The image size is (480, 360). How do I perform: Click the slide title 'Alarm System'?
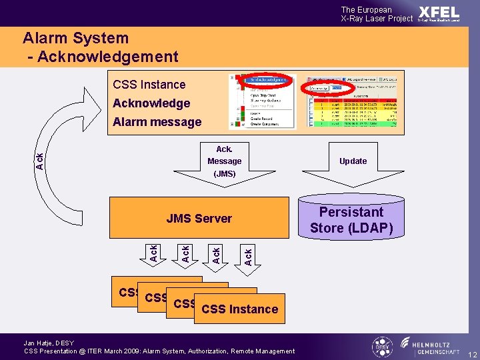tap(75, 38)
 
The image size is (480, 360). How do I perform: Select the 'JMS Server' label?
tap(199, 219)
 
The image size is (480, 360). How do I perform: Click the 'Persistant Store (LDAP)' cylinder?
tap(351, 220)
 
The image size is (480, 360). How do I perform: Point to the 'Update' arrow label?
tap(353, 161)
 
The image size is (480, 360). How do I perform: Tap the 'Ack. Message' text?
tap(224, 155)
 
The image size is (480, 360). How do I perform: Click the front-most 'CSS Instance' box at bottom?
tap(239, 309)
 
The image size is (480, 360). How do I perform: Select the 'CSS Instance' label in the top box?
tap(149, 85)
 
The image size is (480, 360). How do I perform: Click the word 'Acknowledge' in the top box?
tap(151, 103)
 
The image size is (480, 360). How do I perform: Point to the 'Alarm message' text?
tap(157, 122)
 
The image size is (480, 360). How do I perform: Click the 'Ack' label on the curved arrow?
tap(40, 161)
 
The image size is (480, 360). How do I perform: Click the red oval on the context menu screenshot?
tap(267, 80)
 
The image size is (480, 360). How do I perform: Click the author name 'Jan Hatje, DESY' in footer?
tap(49, 343)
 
